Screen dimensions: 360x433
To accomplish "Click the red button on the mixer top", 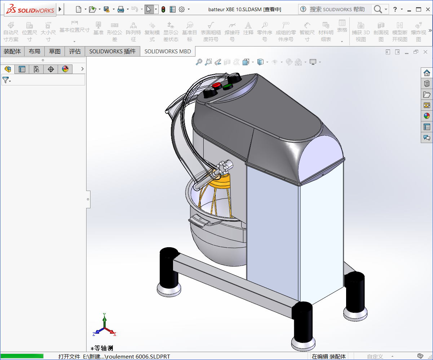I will (217, 85).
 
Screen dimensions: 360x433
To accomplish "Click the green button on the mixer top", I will (227, 86).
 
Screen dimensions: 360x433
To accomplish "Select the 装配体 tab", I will (12, 52).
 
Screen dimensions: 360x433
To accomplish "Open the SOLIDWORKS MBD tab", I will (168, 52).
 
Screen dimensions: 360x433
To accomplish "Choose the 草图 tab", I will (55, 52).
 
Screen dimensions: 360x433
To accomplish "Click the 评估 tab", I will (75, 52).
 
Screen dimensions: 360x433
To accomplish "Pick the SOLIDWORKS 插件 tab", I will (112, 52).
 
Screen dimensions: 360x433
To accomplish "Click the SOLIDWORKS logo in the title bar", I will (30, 9).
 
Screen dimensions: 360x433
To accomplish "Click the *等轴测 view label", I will (102, 348).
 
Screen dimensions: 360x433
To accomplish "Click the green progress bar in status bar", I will (22, 356).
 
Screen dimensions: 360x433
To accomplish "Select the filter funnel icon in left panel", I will (6, 80).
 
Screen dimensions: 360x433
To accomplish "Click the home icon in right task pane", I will (427, 73).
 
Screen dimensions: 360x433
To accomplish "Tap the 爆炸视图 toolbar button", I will (419, 32).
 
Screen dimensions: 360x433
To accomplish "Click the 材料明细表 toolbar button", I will (326, 32).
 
